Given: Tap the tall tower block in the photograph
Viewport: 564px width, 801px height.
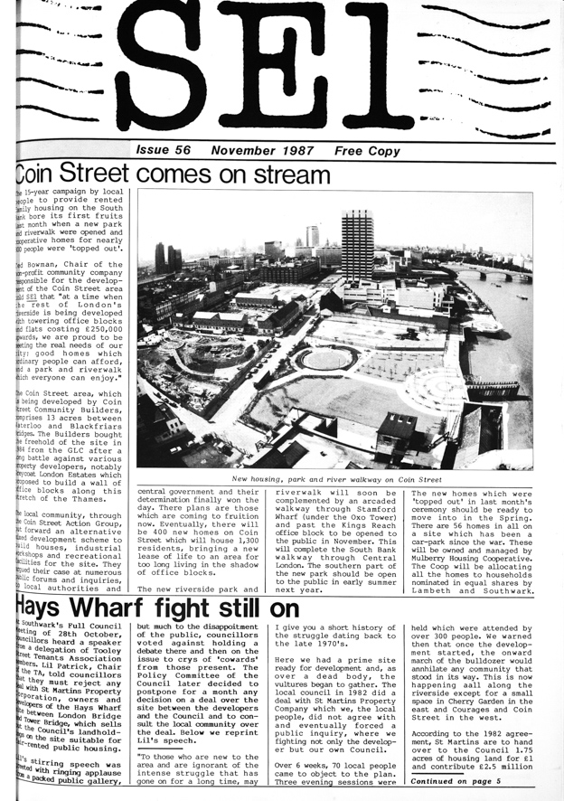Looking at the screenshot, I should (357, 246).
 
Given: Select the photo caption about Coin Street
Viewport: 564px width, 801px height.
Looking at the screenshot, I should (336, 479).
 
